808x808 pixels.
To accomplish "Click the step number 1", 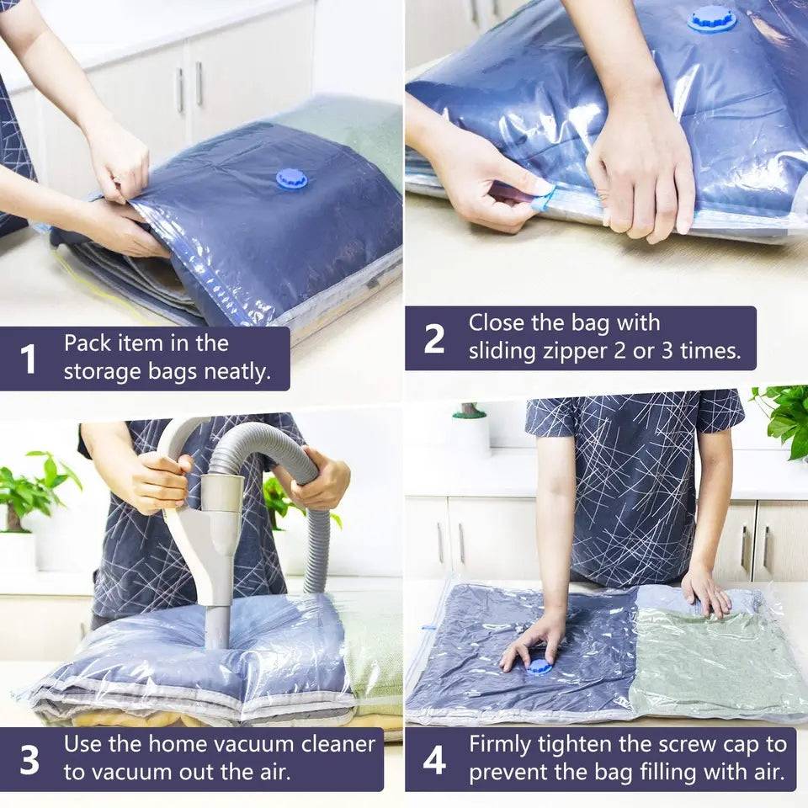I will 28,359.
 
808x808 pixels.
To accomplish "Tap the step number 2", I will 434,338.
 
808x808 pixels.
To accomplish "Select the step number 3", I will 29,759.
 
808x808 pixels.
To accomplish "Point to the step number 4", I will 434,759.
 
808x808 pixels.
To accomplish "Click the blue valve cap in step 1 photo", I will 291,178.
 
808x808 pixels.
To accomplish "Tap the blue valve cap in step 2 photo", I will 711,19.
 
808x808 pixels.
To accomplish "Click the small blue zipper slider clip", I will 544,199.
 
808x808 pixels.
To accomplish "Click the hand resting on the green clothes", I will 705,589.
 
